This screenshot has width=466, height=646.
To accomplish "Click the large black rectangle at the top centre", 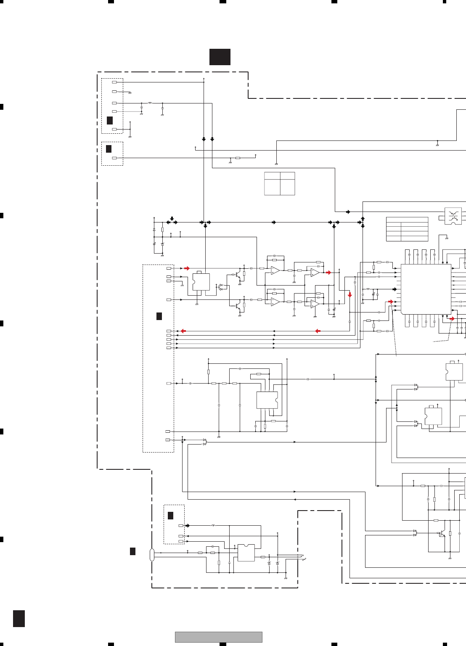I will (x=220, y=57).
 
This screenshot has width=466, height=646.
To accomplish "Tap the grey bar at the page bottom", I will (x=219, y=637).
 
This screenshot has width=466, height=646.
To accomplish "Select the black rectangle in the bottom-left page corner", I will (x=19, y=618).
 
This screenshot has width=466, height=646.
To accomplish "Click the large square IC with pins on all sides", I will (x=426, y=289).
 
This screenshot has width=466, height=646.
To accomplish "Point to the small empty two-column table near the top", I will (x=280, y=183).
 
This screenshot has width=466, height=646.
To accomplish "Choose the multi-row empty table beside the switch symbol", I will (x=407, y=229).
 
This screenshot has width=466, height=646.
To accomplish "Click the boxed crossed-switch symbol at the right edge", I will (x=453, y=216).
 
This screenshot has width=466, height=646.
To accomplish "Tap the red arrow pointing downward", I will (x=349, y=295).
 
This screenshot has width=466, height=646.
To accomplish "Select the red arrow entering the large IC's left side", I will (x=391, y=302).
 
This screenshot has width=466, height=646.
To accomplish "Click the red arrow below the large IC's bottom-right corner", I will (x=452, y=319).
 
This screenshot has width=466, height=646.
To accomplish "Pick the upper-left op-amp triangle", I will (x=275, y=270).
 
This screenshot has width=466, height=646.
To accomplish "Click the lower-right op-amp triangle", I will (x=315, y=304).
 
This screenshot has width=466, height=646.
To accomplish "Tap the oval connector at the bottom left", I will (x=152, y=555).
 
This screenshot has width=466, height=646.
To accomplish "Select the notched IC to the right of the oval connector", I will (x=246, y=553).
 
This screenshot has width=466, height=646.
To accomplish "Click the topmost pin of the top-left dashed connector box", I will (x=114, y=82).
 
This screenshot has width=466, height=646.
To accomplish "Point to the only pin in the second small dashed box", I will (x=114, y=158).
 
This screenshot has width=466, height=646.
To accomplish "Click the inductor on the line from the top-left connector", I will (x=150, y=103).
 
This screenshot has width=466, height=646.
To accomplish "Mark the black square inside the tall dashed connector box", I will (x=159, y=316).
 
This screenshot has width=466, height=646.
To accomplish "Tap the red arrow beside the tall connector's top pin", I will (x=187, y=268).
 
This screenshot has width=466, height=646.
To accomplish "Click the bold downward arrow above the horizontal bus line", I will (x=172, y=218).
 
